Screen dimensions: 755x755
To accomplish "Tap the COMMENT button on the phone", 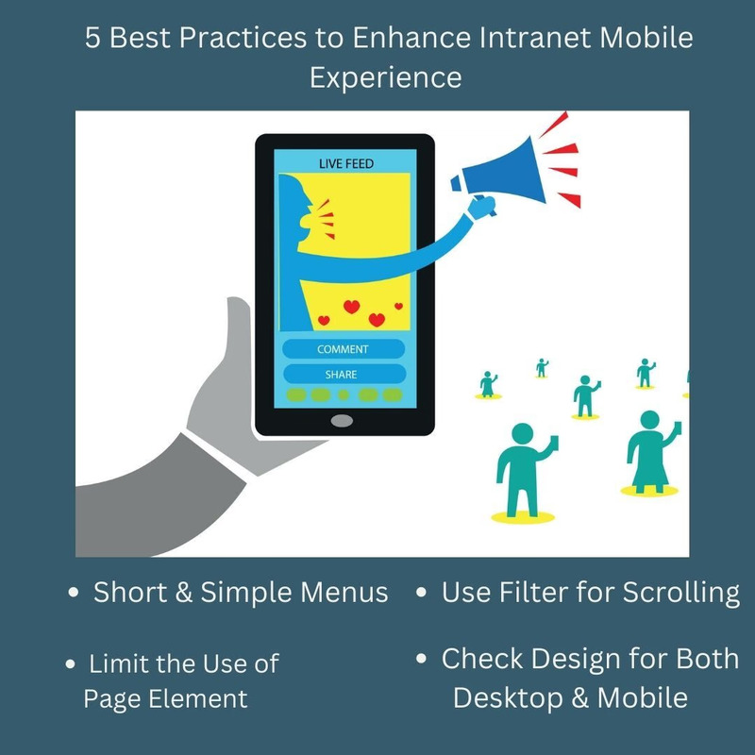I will click(x=344, y=349).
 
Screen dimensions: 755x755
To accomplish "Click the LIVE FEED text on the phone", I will click(x=346, y=164).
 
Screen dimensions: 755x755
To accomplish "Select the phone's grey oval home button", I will click(x=343, y=420).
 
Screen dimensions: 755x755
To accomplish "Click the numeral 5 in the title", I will click(x=92, y=39).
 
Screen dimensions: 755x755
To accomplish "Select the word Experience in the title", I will click(x=386, y=76).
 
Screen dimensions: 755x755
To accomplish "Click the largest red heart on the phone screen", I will click(x=352, y=307).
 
